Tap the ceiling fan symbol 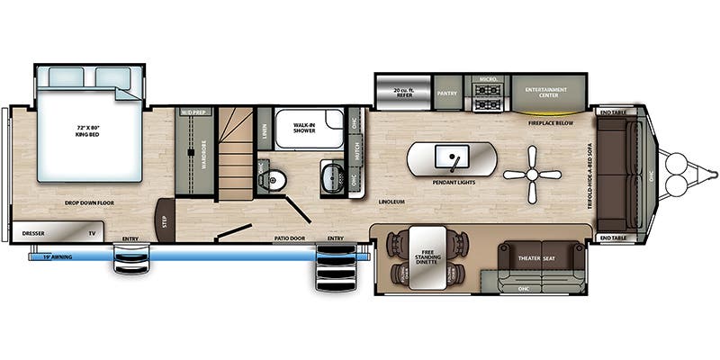pyautogui.click(x=531, y=175)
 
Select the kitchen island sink pyautogui.click(x=450, y=159)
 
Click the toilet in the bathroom pyautogui.click(x=275, y=181)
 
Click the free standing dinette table pyautogui.click(x=428, y=259)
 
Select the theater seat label pyautogui.click(x=538, y=259)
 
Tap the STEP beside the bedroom pyautogui.click(x=164, y=220)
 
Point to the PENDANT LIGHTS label pyautogui.click(x=454, y=182)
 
